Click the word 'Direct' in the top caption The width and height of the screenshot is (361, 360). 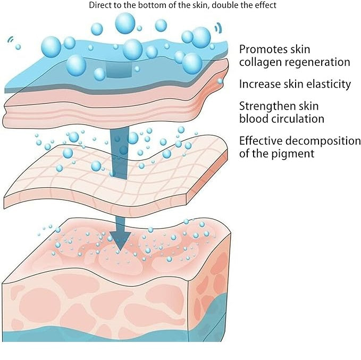103,5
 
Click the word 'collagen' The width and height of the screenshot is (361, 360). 261,62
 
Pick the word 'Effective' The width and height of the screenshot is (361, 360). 262,141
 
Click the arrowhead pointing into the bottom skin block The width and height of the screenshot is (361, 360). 122,240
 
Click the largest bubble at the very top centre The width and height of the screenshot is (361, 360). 125,23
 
